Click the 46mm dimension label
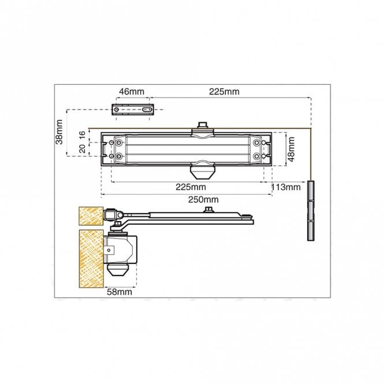[132, 92]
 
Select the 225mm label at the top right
[224, 92]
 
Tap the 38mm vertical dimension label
[59, 132]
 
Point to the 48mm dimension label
[291, 149]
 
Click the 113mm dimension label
[286, 187]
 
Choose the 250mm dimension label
[203, 200]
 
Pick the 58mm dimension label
[120, 292]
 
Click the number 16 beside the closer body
[83, 135]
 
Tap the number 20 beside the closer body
[83, 148]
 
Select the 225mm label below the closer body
[191, 187]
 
